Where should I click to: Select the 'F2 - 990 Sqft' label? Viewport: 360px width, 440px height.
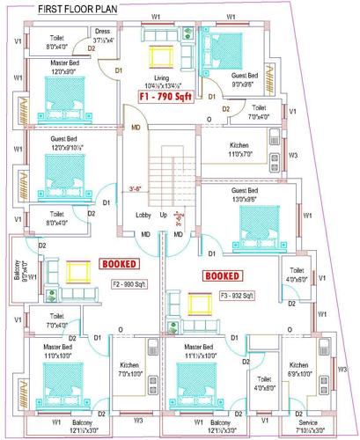pos(129,284)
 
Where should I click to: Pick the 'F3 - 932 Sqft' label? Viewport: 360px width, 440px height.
pos(237,295)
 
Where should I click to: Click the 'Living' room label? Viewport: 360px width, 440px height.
pos(161,77)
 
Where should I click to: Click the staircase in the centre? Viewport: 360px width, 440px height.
pos(162,180)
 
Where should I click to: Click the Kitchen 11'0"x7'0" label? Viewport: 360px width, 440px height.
pos(241,148)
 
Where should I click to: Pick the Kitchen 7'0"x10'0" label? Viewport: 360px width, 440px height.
pos(129,368)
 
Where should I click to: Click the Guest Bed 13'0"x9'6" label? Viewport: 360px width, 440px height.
pos(244,194)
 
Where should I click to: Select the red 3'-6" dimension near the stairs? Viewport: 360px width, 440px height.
pos(136,187)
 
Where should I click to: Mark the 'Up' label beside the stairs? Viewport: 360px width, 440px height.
pos(163,215)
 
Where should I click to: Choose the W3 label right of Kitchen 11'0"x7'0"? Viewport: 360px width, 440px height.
pos(293,156)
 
